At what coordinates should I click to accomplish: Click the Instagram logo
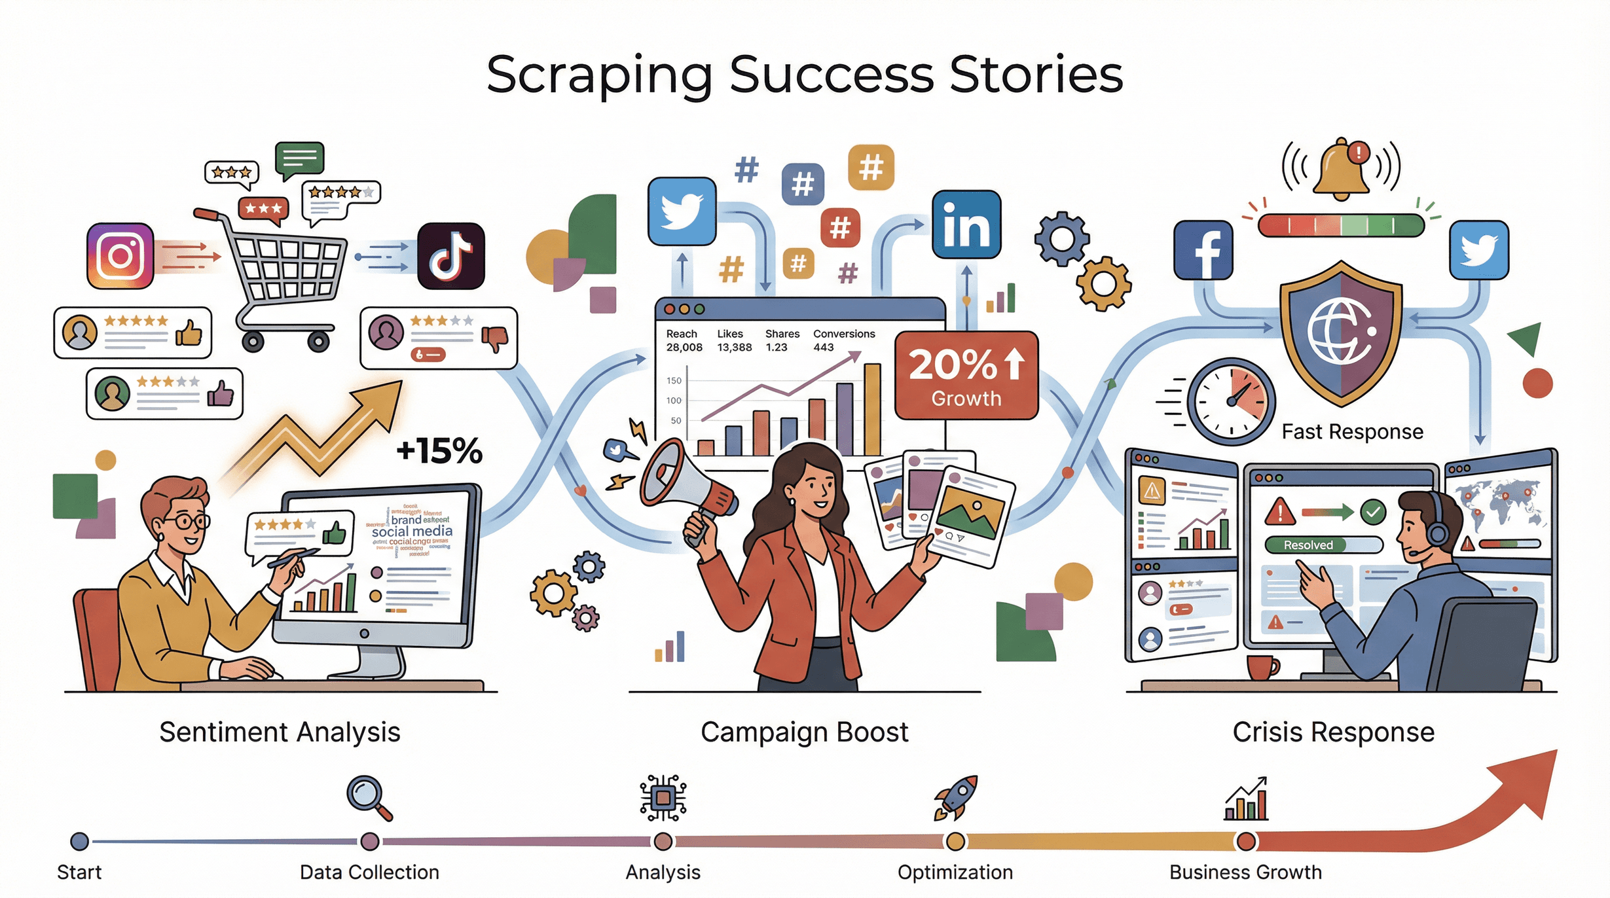[120, 256]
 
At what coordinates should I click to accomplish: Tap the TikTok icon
[451, 256]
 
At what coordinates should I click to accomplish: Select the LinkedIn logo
[966, 224]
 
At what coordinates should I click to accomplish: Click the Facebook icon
[1203, 251]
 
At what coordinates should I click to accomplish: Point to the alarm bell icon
[1342, 169]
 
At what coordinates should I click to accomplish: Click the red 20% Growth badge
[966, 376]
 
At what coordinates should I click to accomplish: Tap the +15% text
[439, 450]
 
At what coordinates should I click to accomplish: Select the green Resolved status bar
[1308, 545]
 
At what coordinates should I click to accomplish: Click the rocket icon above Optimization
[955, 797]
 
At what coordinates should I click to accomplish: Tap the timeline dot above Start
[80, 841]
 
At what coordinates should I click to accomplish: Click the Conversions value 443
[824, 348]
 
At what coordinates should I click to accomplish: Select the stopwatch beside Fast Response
[1231, 401]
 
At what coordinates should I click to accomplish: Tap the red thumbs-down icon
[494, 338]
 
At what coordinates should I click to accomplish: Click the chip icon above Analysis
[663, 798]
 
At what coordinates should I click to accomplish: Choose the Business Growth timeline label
[1245, 872]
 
